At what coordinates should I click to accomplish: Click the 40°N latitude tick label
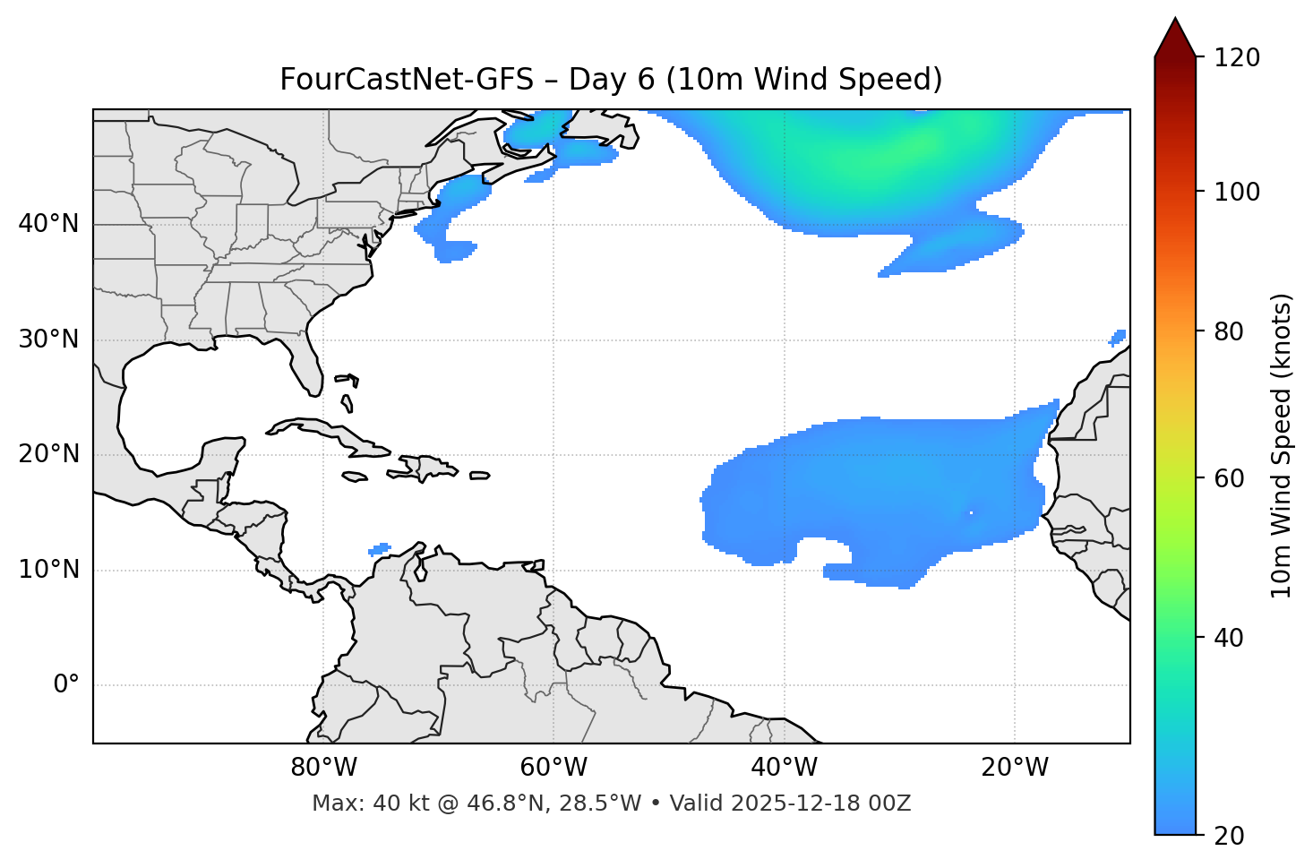pyautogui.click(x=48, y=224)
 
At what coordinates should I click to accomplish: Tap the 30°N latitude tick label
pyautogui.click(x=48, y=339)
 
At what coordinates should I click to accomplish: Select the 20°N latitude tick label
pyautogui.click(x=48, y=454)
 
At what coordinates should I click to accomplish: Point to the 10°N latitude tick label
pyautogui.click(x=48, y=570)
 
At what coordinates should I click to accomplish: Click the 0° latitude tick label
pyautogui.click(x=66, y=685)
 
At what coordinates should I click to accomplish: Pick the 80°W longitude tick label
pyautogui.click(x=323, y=768)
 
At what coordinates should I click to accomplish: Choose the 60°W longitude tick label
pyautogui.click(x=554, y=768)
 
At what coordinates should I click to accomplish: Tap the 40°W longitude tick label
pyautogui.click(x=785, y=768)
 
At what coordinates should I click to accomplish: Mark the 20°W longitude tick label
pyautogui.click(x=1015, y=768)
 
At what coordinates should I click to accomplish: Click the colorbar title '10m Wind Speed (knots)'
pyautogui.click(x=1282, y=446)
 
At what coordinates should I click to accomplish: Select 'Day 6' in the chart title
pyautogui.click(x=611, y=80)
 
